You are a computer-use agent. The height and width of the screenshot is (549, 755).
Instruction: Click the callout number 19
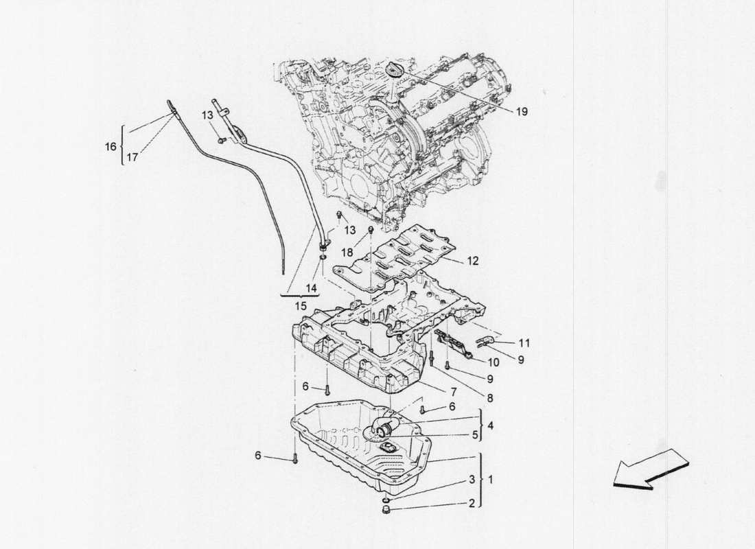tap(522, 111)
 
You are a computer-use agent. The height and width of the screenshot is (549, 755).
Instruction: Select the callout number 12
tap(473, 261)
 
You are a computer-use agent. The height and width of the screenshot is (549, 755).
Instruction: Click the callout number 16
tap(109, 145)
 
